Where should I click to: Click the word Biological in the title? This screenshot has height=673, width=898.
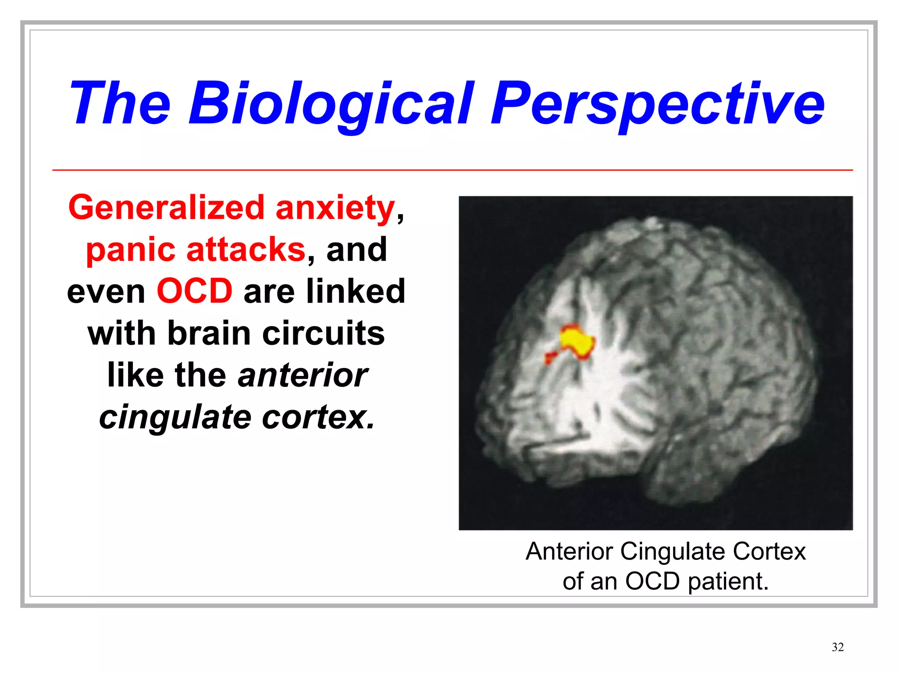click(331, 104)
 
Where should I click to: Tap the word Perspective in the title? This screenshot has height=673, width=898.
click(658, 104)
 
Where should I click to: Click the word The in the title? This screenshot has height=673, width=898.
click(119, 104)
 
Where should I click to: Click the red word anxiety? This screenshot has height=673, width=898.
click(335, 209)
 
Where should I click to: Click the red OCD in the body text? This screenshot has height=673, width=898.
click(195, 291)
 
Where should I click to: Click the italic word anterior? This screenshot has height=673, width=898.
click(303, 375)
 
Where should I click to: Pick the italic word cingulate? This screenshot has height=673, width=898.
click(175, 417)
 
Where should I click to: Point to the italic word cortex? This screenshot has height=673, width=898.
click(318, 417)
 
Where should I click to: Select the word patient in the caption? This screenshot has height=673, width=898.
click(728, 582)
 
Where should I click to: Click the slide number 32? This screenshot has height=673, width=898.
click(837, 647)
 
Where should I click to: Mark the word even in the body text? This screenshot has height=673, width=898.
click(106, 292)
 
